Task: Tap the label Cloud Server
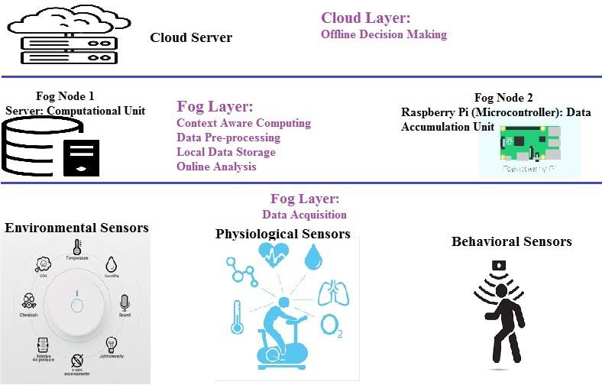tap(191, 37)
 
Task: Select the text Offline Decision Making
tap(384, 34)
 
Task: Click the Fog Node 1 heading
tap(65, 96)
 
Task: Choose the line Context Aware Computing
tap(244, 123)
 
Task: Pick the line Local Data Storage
tap(226, 152)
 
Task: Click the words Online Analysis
tap(216, 167)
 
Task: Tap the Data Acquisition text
tap(304, 215)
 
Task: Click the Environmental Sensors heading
tap(76, 228)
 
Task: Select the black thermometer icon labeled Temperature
tap(77, 247)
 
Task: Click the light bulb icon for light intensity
tap(111, 344)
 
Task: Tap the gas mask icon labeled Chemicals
tap(30, 299)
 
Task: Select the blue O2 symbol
tap(332, 326)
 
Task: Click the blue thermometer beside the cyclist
tap(237, 315)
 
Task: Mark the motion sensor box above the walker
tap(499, 265)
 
